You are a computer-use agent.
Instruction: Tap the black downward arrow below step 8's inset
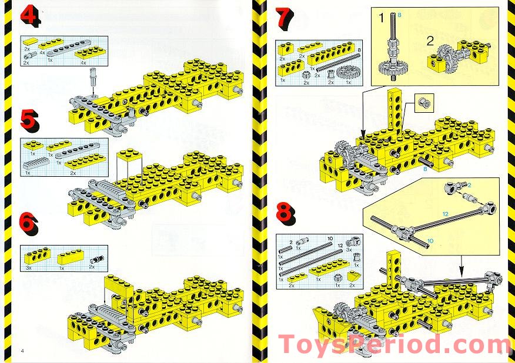(x=460, y=265)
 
